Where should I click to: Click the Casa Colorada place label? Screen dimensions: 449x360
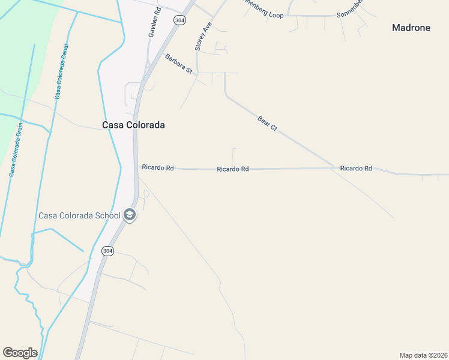point(133,125)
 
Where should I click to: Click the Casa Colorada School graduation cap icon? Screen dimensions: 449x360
point(130,215)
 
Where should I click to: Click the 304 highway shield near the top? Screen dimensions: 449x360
point(179,20)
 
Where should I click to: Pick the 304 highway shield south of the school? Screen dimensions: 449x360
point(107,251)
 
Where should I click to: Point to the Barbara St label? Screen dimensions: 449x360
point(178,64)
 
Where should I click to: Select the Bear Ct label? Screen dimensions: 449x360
point(267,124)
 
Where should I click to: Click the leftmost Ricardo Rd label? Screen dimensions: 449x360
point(157,168)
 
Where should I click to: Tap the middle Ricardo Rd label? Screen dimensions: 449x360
point(233,169)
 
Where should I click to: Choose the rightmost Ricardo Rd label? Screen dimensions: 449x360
point(356,169)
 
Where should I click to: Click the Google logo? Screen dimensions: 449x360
point(20,353)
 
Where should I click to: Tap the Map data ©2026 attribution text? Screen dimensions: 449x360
point(423,355)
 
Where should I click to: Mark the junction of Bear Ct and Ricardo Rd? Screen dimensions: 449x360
point(334,167)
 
